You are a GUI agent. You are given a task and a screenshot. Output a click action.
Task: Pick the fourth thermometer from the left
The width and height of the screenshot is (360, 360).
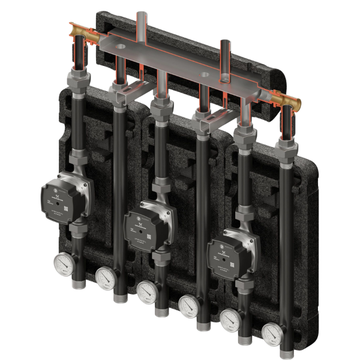tap(187, 304)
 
